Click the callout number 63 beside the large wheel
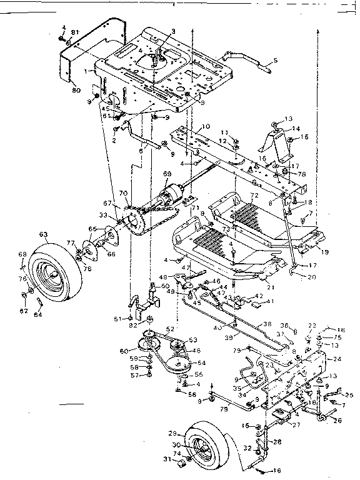[42, 235]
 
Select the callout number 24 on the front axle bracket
[338, 359]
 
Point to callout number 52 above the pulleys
[170, 329]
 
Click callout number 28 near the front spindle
[277, 442]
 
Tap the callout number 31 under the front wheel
[166, 461]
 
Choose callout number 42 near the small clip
[258, 296]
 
